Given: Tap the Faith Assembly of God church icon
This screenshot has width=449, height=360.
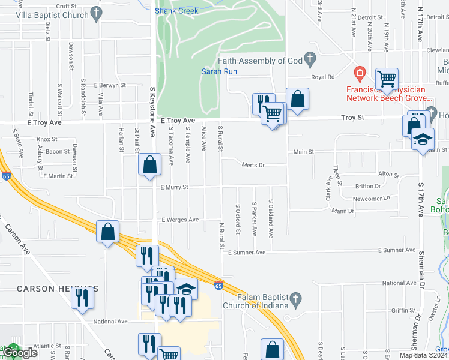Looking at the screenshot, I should point(310,59).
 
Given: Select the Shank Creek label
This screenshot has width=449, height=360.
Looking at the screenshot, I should point(176,11).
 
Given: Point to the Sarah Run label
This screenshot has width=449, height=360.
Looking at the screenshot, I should point(219,71).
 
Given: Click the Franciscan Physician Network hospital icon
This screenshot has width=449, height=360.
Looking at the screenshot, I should point(360,74).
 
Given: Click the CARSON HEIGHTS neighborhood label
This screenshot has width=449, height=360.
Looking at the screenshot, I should point(58,289).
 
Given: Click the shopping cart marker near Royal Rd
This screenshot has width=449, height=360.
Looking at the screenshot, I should point(387,78).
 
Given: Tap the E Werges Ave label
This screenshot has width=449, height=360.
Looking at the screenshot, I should point(179,220).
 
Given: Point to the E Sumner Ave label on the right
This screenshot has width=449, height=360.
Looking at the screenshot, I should point(397,250).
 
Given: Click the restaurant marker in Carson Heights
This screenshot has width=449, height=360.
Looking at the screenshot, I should point(82,298).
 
